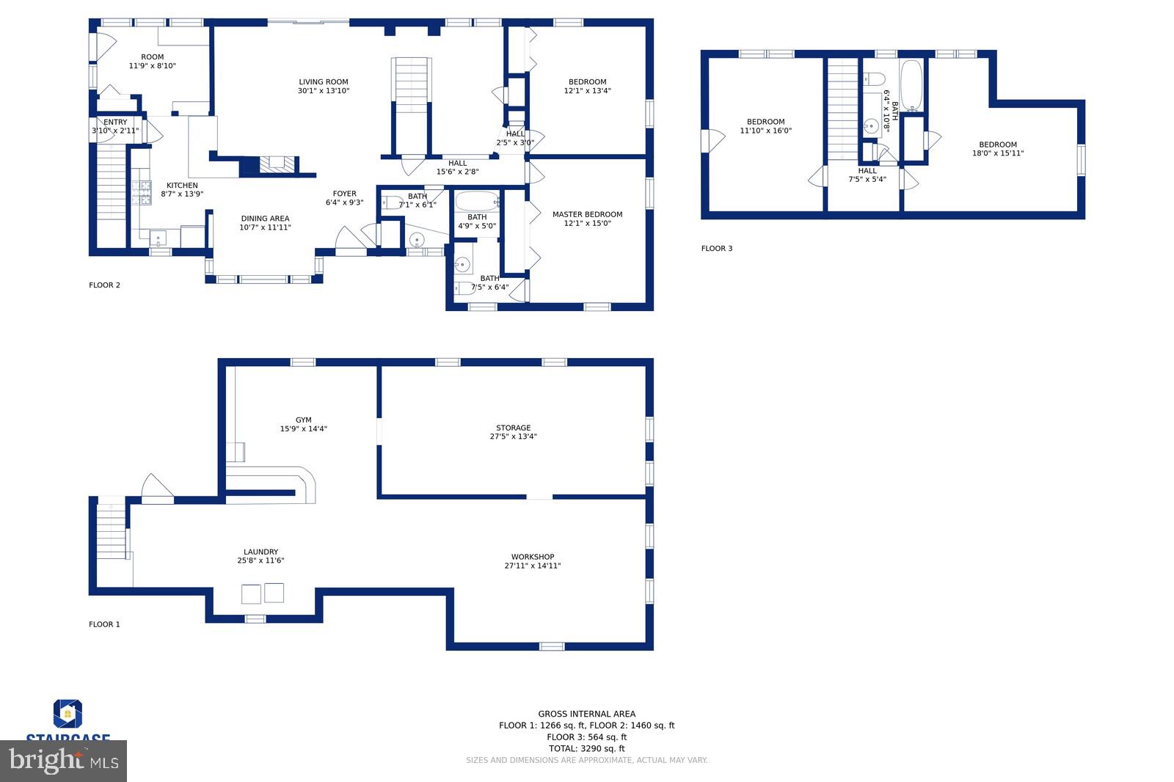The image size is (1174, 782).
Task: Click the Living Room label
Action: pyautogui.click(x=323, y=87)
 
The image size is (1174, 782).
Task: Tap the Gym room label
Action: pyautogui.click(x=303, y=425)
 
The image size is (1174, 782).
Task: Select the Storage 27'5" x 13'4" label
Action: pyautogui.click(x=513, y=432)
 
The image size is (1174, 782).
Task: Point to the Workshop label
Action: pyautogui.click(x=533, y=561)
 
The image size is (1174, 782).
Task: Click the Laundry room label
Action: pyautogui.click(x=260, y=556)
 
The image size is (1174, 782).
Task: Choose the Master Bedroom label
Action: pyautogui.click(x=587, y=219)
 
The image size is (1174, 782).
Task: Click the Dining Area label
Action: pyautogui.click(x=265, y=222)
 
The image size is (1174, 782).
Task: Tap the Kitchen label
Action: pyautogui.click(x=182, y=189)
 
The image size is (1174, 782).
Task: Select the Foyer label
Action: pyautogui.click(x=344, y=198)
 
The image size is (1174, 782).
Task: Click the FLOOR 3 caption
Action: pyautogui.click(x=716, y=249)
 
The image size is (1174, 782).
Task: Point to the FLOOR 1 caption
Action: pyautogui.click(x=104, y=624)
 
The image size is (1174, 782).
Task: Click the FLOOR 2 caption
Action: pyautogui.click(x=104, y=285)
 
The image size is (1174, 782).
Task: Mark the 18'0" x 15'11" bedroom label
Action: pyautogui.click(x=997, y=149)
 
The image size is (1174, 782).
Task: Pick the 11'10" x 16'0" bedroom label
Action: pyautogui.click(x=765, y=126)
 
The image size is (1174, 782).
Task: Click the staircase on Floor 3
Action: pyautogui.click(x=842, y=110)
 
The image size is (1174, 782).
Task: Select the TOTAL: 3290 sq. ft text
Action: pyautogui.click(x=586, y=749)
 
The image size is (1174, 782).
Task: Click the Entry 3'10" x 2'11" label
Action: pyautogui.click(x=115, y=126)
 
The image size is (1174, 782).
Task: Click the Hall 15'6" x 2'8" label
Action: pyautogui.click(x=457, y=167)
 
